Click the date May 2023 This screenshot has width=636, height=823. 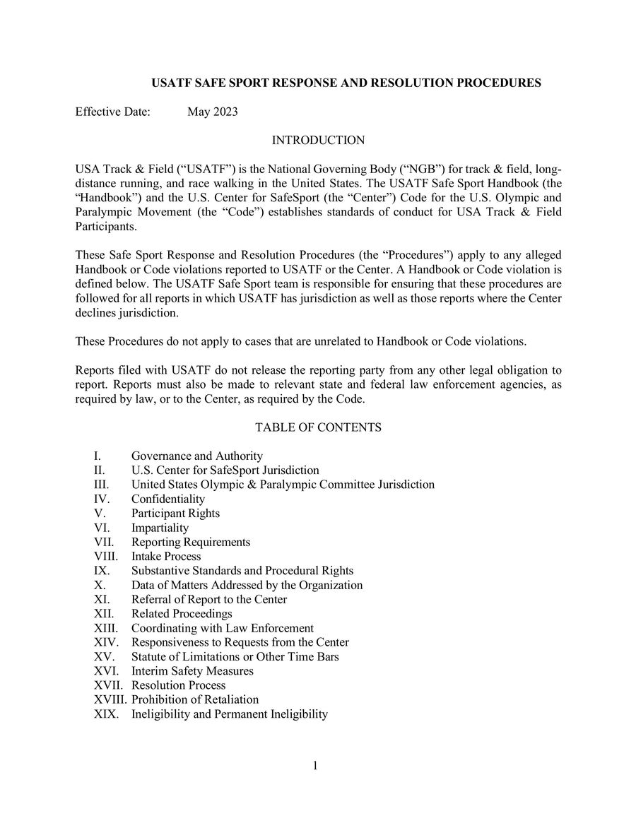pos(212,112)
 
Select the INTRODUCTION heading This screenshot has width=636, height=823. pos(318,141)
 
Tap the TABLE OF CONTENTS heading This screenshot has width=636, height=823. pos(318,427)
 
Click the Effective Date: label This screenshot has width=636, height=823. pos(112,112)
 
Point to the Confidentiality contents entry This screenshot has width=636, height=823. pos(167,499)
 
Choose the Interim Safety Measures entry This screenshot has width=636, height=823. pos(192,670)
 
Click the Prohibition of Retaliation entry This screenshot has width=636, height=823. pos(195,699)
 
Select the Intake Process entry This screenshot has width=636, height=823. pos(166,556)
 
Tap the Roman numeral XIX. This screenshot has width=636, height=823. pos(106,714)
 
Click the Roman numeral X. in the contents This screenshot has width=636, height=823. pos(100,585)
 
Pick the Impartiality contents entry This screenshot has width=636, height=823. pos(160,528)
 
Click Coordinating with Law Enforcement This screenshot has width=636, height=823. pos(223,628)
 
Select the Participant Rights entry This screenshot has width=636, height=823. pos(175,513)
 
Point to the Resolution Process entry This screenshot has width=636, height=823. pos(179,685)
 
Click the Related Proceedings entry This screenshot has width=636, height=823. pos(182,613)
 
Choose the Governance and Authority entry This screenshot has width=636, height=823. pos(197,456)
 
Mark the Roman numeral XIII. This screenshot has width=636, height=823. pos(107,628)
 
